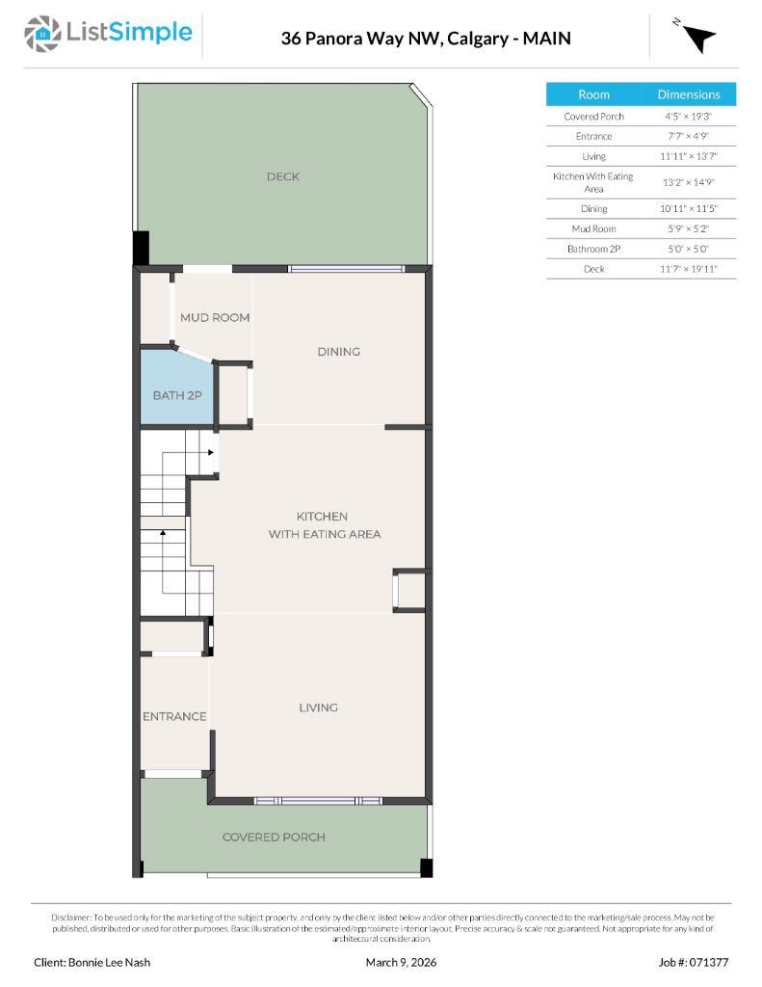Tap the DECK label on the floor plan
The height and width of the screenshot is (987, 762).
click(x=283, y=176)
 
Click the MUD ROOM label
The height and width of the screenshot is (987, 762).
click(x=215, y=317)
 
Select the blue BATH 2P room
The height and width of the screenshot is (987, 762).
click(x=176, y=394)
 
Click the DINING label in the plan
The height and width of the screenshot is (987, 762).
click(x=338, y=352)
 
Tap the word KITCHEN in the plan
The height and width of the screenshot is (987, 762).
click(x=322, y=517)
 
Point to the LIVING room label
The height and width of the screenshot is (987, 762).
click(x=318, y=707)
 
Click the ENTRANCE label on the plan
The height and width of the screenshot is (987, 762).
click(x=174, y=716)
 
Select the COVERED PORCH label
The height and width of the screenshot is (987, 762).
click(x=274, y=837)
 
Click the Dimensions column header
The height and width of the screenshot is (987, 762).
click(x=689, y=94)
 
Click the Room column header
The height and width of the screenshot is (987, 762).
click(x=593, y=94)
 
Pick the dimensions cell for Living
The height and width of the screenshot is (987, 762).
click(x=689, y=156)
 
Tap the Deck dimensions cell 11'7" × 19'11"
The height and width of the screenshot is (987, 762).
click(x=689, y=269)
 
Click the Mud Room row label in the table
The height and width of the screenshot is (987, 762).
click(x=593, y=228)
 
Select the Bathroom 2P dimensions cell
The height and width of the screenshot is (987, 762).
click(x=689, y=249)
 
